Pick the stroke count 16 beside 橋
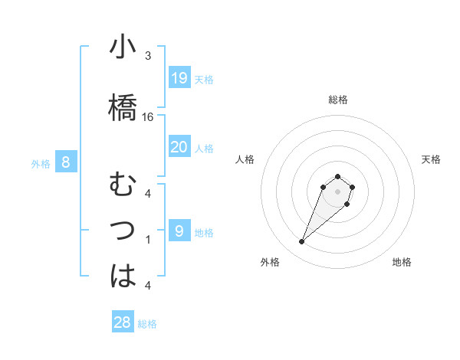click(148, 117)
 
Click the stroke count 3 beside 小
click(148, 56)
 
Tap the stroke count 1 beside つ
click(148, 240)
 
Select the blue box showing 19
click(179, 78)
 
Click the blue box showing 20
click(179, 147)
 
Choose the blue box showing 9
click(179, 231)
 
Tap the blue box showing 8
click(67, 162)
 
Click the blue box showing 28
click(123, 322)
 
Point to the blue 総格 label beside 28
click(147, 324)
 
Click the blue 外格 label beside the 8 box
click(41, 163)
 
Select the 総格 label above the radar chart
click(338, 100)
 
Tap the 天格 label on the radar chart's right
click(432, 159)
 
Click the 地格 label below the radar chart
click(402, 262)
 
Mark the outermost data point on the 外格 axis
click(302, 242)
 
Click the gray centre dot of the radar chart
click(337, 191)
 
